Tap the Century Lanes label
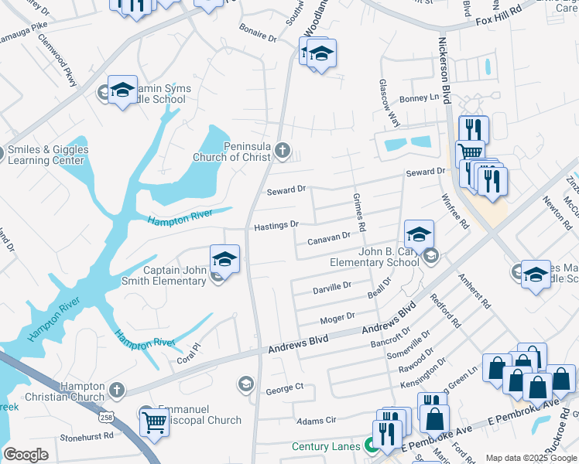[x=326, y=446]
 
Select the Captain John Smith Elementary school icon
[x=224, y=258]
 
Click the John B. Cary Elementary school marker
[x=418, y=234]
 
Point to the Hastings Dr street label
[x=276, y=225]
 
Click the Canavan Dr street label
[x=329, y=238]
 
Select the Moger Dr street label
[x=337, y=317]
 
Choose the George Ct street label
[x=287, y=387]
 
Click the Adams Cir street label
[x=317, y=421]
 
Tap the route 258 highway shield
[x=104, y=417]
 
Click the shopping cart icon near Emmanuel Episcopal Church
[x=155, y=422]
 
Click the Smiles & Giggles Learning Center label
[x=48, y=155]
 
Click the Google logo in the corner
[x=26, y=454]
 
